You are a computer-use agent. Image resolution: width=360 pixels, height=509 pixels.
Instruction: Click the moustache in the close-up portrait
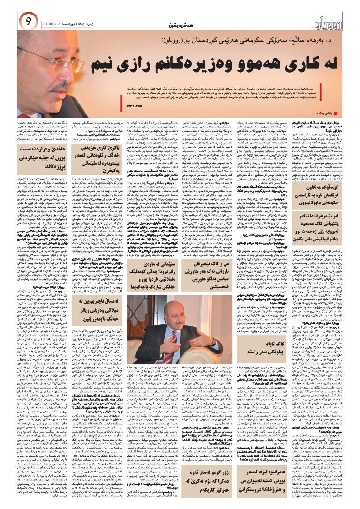60,87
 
